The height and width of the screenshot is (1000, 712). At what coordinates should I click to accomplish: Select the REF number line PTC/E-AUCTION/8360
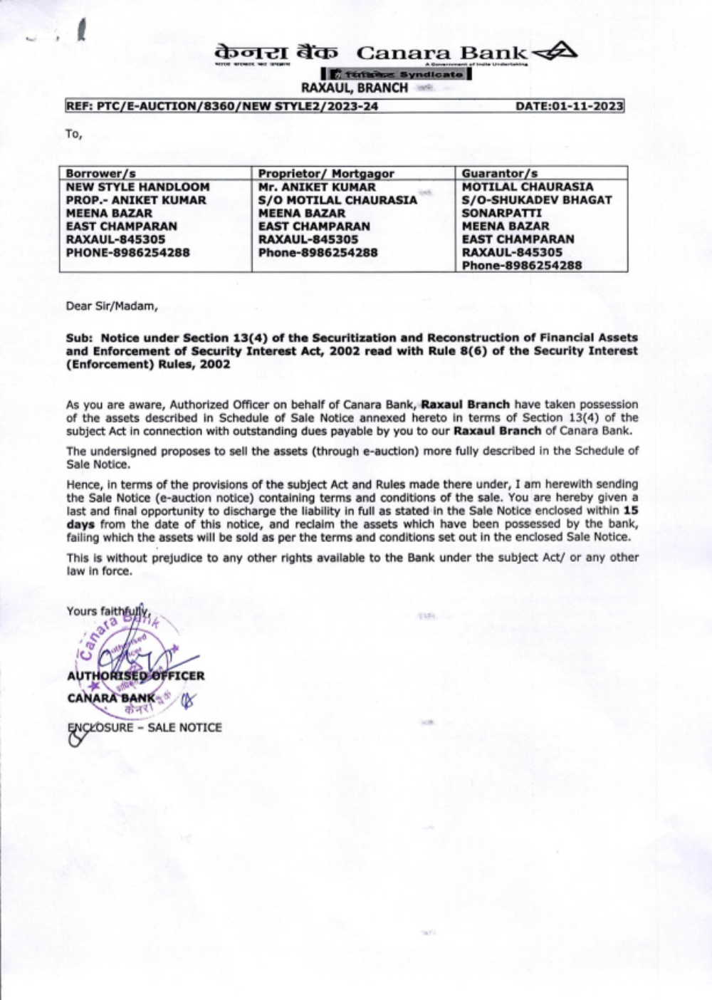[221, 107]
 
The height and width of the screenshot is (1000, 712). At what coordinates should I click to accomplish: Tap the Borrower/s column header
[100, 174]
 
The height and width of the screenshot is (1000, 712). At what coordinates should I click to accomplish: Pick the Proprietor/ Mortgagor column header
[326, 174]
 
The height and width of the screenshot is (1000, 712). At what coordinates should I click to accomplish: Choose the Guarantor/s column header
[500, 174]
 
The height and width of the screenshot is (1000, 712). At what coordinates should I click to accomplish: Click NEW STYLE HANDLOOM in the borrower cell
[137, 187]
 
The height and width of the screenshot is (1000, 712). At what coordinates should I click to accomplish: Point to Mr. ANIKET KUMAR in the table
[317, 187]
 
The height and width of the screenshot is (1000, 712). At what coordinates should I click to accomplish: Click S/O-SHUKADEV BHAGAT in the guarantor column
[536, 200]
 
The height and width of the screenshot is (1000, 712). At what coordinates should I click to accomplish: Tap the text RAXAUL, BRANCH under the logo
[355, 88]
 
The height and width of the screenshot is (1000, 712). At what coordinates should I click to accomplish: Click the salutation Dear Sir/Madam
[112, 306]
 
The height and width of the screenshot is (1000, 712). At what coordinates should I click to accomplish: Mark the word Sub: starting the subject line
[80, 338]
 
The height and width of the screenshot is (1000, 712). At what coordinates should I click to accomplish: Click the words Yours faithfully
[108, 611]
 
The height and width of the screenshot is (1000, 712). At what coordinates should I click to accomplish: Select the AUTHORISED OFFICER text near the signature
[135, 676]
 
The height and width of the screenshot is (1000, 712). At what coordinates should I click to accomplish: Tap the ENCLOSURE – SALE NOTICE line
[145, 727]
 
